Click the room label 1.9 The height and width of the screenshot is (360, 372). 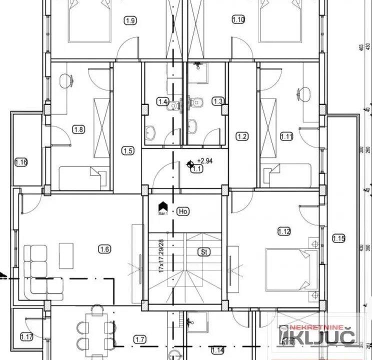point(130,20)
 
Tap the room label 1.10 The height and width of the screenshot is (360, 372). point(238,20)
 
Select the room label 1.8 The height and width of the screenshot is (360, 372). point(79,129)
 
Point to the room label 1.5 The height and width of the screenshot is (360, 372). point(128,150)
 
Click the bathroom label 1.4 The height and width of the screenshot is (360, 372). point(162,102)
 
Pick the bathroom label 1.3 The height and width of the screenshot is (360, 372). point(217,101)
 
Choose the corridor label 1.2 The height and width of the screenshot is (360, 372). point(242,136)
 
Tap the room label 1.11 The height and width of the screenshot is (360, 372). point(286,136)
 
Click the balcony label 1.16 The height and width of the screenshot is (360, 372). point(21,162)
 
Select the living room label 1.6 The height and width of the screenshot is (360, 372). point(104,248)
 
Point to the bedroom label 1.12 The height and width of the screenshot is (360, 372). point(284,231)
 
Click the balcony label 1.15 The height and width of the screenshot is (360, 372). point(338,238)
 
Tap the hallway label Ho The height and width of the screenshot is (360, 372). point(183,211)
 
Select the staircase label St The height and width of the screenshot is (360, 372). point(203,251)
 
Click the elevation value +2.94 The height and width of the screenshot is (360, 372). point(204,161)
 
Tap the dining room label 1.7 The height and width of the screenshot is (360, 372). point(140,339)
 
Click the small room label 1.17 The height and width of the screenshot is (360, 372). point(27,337)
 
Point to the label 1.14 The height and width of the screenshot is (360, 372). point(217,350)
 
